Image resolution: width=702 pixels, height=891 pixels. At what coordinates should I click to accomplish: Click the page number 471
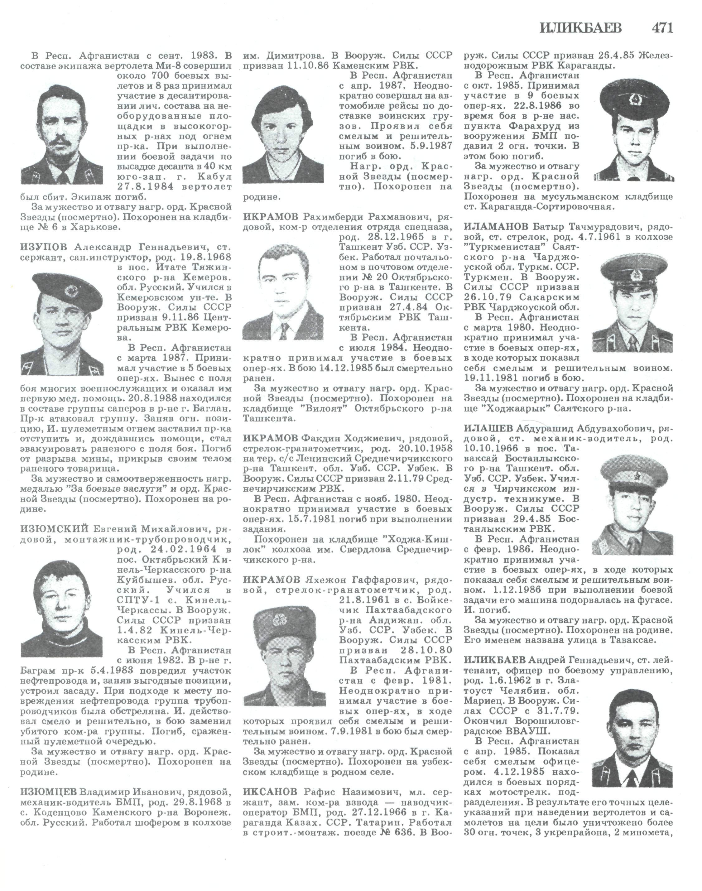[x=662, y=28]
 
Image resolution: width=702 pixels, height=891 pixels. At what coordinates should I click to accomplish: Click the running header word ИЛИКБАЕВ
[x=580, y=28]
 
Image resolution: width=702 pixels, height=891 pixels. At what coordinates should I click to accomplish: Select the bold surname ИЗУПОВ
[x=44, y=248]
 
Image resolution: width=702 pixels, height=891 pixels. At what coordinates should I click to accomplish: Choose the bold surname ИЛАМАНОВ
[x=496, y=227]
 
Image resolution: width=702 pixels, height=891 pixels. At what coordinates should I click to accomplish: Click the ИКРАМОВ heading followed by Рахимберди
[x=271, y=217]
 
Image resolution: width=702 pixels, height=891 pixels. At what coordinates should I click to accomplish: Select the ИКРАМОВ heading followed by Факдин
[x=271, y=438]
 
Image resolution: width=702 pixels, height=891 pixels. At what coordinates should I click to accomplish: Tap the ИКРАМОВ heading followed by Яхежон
[x=271, y=580]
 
